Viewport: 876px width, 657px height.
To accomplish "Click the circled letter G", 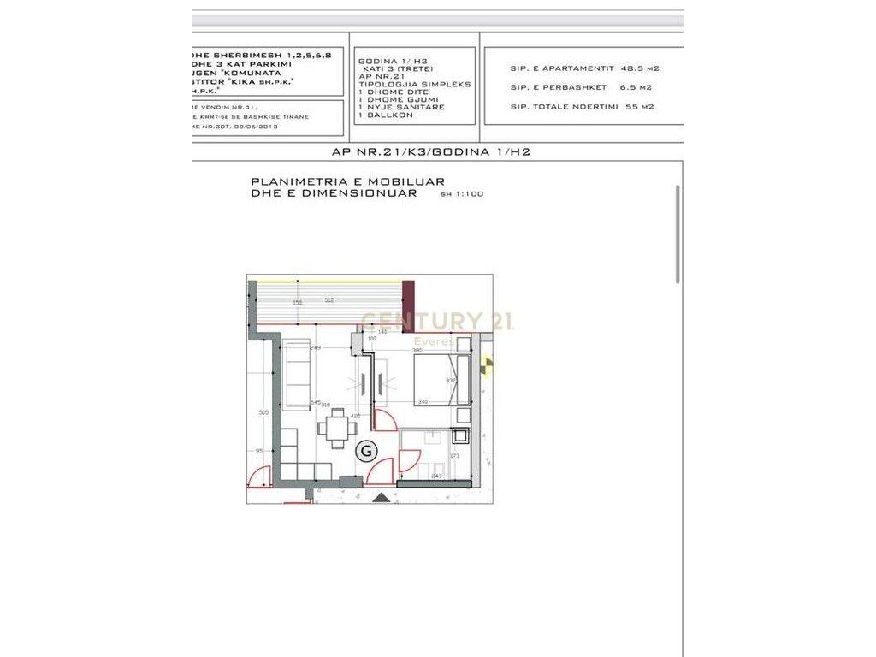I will pyautogui.click(x=366, y=451).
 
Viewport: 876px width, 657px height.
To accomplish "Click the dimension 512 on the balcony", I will pyautogui.click(x=328, y=300).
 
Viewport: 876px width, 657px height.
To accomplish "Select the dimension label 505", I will pyautogui.click(x=263, y=411).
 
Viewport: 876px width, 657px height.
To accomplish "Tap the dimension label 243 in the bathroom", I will pyautogui.click(x=436, y=476).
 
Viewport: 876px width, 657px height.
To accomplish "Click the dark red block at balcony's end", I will pyautogui.click(x=409, y=300).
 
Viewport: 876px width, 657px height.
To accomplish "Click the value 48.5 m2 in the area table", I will pyautogui.click(x=640, y=68).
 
